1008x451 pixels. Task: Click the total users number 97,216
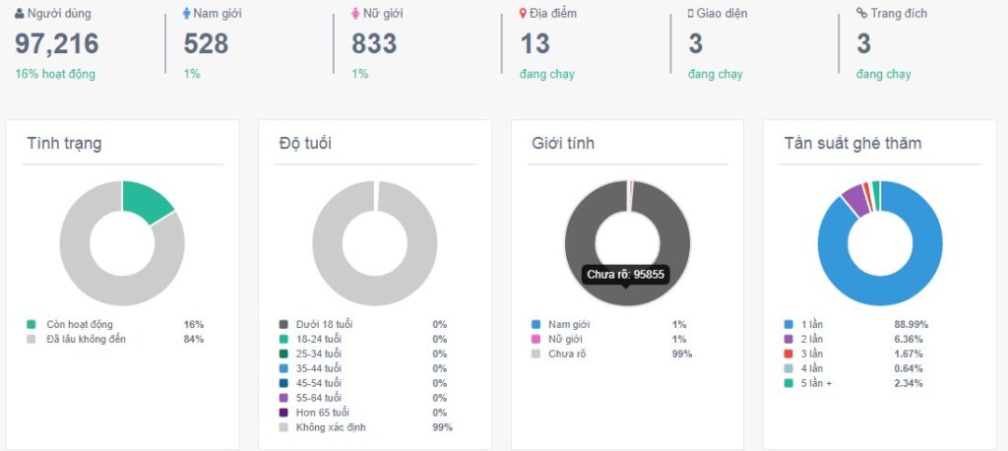click(x=57, y=43)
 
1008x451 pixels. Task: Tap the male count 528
click(x=206, y=43)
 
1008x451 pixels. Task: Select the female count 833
click(x=374, y=43)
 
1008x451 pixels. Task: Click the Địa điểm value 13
click(x=535, y=43)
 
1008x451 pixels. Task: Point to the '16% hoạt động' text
click(x=55, y=74)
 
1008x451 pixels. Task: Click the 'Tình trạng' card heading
click(x=64, y=144)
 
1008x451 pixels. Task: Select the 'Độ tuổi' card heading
click(x=305, y=144)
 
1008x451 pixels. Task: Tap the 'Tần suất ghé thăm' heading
click(x=852, y=144)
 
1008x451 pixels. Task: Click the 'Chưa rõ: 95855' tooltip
click(x=627, y=274)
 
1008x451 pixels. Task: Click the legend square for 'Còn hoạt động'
click(x=31, y=324)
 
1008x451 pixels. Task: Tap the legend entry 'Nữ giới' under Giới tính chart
click(x=568, y=339)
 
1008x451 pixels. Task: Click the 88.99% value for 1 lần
click(x=911, y=324)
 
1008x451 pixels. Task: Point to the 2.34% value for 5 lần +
click(x=908, y=383)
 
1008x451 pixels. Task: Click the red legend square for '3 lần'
click(x=787, y=354)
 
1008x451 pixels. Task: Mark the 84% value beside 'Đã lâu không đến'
click(x=194, y=339)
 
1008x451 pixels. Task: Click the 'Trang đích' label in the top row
click(x=898, y=14)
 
